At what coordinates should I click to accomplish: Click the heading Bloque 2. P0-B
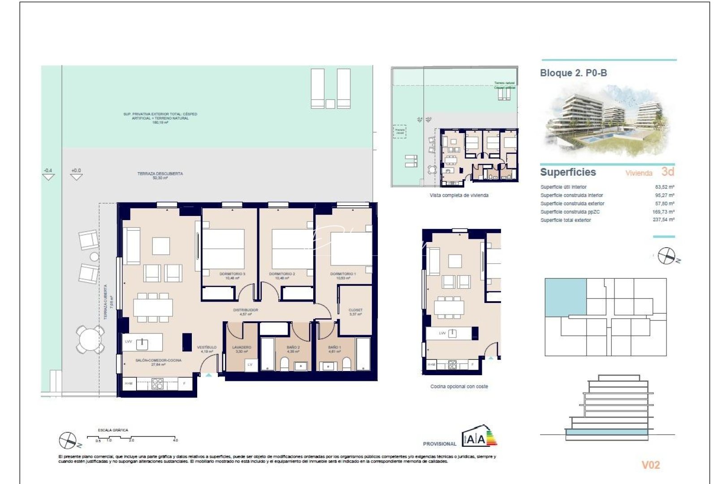click(573, 73)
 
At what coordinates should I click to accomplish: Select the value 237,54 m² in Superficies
click(663, 220)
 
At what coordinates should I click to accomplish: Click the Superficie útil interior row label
click(563, 187)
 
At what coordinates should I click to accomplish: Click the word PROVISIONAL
click(439, 444)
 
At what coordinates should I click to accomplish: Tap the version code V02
click(651, 465)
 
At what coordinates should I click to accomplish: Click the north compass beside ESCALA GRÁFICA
click(68, 441)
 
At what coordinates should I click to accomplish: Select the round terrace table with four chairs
click(90, 339)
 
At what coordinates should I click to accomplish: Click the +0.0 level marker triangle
click(77, 177)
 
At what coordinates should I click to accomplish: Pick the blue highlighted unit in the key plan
click(565, 297)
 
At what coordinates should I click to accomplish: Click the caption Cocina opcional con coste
click(459, 386)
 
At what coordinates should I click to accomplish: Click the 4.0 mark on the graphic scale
click(175, 440)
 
